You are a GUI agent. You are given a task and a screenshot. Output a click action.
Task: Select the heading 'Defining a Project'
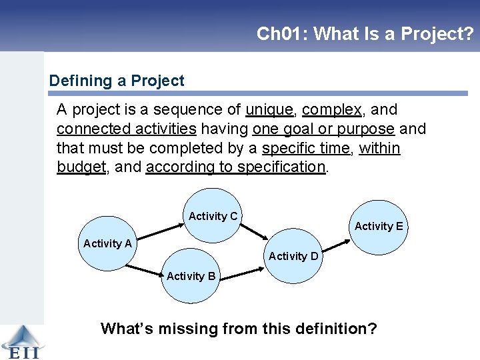pyautogui.click(x=117, y=81)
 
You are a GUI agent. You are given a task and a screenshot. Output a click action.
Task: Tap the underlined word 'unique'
pyautogui.click(x=269, y=109)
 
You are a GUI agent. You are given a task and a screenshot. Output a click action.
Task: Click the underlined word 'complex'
pyautogui.click(x=331, y=109)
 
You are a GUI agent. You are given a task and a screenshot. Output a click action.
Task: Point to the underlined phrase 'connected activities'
pyautogui.click(x=126, y=129)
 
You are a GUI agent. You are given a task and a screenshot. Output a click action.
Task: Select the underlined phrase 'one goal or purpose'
pyautogui.click(x=323, y=129)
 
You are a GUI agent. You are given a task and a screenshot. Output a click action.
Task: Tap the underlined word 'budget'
pyautogui.click(x=81, y=167)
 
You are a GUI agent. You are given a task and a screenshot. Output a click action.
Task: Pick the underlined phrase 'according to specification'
pyautogui.click(x=235, y=167)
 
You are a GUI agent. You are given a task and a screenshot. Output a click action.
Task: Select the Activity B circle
pyautogui.click(x=191, y=275)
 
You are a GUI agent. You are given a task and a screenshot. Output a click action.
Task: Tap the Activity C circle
pyautogui.click(x=213, y=215)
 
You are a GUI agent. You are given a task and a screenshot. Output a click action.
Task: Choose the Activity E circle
pyautogui.click(x=379, y=227)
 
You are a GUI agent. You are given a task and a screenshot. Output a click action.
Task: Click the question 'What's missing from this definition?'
pyautogui.click(x=239, y=329)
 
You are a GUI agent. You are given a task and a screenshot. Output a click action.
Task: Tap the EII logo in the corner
pyautogui.click(x=21, y=341)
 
